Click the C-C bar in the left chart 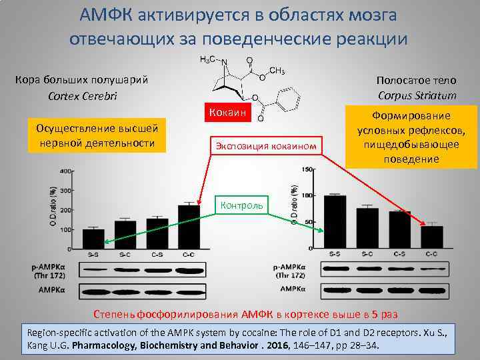[x=189, y=226]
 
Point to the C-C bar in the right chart [x=432, y=237]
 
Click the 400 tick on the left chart [x=65, y=171]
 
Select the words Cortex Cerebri [x=83, y=95]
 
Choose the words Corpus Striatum [x=417, y=95]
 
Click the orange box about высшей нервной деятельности [x=97, y=135]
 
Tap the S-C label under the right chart [x=367, y=254]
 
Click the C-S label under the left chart [x=158, y=254]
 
